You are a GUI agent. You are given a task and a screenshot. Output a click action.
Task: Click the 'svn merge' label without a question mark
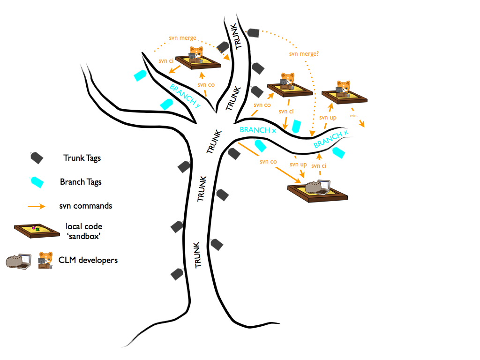(x=182, y=38)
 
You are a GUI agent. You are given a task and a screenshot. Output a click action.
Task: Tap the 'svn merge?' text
(x=304, y=54)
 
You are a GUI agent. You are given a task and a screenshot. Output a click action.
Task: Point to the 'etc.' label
(x=354, y=115)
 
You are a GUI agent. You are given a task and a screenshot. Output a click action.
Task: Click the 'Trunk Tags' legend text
(x=82, y=158)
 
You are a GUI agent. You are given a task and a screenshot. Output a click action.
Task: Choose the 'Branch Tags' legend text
(x=81, y=182)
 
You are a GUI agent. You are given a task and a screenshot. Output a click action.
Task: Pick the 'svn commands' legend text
(x=86, y=206)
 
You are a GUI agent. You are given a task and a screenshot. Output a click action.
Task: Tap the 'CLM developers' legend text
(x=88, y=259)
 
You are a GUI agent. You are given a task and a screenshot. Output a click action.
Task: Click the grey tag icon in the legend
(x=37, y=157)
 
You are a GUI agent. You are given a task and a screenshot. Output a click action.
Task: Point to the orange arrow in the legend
(x=36, y=206)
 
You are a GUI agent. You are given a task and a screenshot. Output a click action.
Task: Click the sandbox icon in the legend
(x=35, y=230)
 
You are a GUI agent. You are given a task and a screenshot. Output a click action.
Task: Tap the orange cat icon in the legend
(x=46, y=260)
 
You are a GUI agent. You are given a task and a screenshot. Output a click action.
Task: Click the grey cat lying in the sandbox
(x=312, y=187)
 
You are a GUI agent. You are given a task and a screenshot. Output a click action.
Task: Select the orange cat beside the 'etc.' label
(x=343, y=90)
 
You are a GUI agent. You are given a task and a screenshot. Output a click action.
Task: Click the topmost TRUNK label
(x=238, y=37)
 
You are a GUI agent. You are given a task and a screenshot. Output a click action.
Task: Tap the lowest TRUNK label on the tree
(x=197, y=255)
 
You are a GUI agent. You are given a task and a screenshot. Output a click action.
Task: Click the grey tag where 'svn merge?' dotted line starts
(x=253, y=32)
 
